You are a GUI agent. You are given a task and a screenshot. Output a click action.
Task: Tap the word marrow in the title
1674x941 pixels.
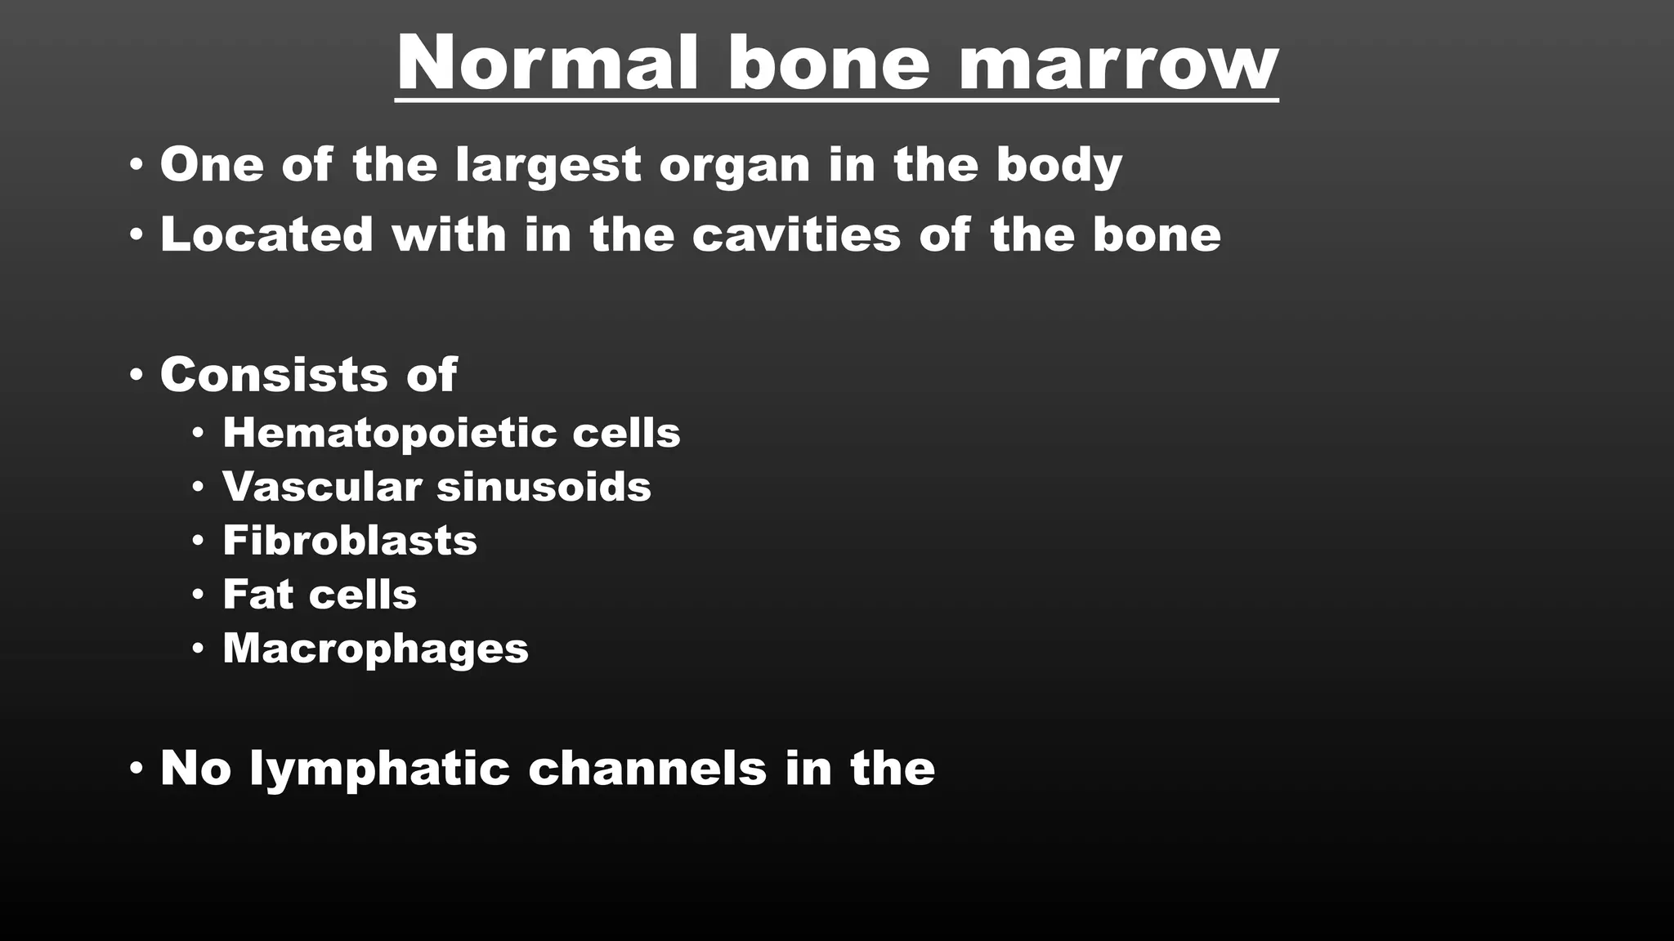pos(1118,63)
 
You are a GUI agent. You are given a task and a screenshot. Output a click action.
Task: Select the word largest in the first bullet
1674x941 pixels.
pos(548,165)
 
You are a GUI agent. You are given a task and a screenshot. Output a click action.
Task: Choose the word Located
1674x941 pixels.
pos(266,234)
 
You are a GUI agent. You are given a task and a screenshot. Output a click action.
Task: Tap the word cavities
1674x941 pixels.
pos(796,234)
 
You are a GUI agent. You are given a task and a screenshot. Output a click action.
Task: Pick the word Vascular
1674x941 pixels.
pos(321,487)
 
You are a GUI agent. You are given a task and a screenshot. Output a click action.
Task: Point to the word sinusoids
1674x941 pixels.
pos(544,487)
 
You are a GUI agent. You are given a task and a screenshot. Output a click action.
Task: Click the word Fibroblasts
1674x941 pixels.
pos(350,541)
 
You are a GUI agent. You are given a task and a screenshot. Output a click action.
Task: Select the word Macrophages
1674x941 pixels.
pos(375,649)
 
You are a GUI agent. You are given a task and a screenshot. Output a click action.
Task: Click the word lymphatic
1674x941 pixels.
pos(379,769)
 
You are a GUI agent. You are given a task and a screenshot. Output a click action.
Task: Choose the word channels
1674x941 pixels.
pos(647,769)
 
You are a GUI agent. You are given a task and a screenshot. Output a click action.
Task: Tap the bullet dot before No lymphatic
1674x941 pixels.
pos(137,769)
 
